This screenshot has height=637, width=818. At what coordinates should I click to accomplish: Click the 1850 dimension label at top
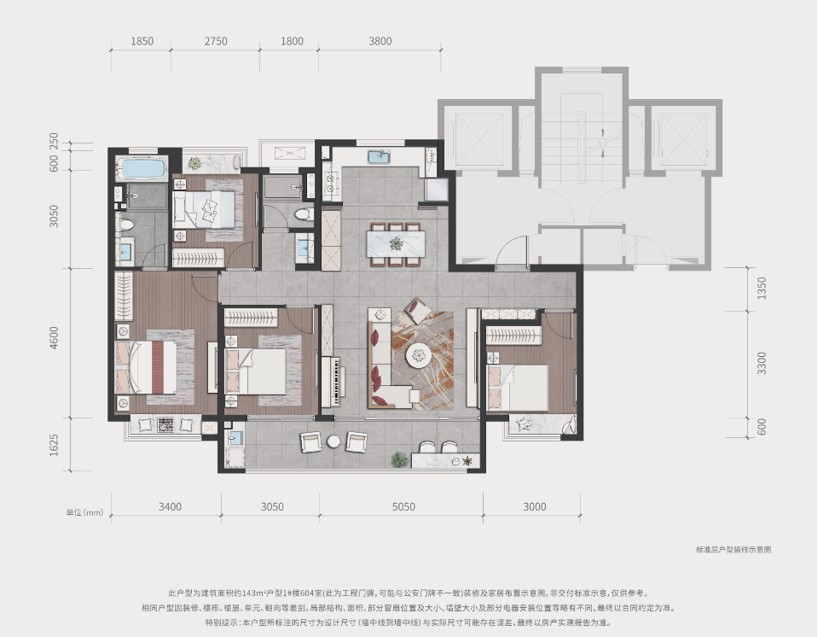click(x=142, y=41)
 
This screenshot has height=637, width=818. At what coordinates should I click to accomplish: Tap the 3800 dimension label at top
click(x=380, y=41)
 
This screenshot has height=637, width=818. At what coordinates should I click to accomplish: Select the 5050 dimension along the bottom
click(x=403, y=506)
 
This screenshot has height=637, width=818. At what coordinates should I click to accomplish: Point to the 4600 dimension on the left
click(x=54, y=338)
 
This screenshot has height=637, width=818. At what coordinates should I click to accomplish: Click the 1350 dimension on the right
click(x=763, y=289)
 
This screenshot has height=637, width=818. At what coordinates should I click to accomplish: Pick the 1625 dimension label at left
click(x=54, y=446)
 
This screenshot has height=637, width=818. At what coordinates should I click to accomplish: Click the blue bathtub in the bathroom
click(x=143, y=169)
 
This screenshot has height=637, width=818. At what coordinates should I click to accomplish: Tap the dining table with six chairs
click(x=396, y=244)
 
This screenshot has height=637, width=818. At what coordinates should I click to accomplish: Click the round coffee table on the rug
click(x=419, y=355)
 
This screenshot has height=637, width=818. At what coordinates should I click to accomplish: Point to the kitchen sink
click(x=380, y=156)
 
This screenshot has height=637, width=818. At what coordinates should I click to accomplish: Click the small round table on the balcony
click(x=334, y=442)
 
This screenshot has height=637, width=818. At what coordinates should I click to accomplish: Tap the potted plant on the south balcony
click(x=399, y=459)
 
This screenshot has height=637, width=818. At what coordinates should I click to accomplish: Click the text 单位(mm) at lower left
click(x=84, y=512)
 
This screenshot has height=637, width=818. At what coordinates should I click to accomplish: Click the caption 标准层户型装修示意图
click(x=734, y=549)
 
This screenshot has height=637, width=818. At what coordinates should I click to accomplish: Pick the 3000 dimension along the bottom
click(x=535, y=506)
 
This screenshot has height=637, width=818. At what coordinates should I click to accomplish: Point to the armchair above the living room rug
click(x=419, y=310)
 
